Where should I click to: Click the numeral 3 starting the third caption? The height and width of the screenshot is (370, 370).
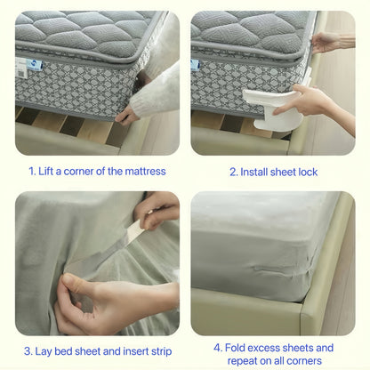pos(28,350)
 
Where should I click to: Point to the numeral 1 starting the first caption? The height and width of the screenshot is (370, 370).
pos(31,171)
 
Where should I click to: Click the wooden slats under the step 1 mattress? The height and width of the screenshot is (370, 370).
pos(71,125)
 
